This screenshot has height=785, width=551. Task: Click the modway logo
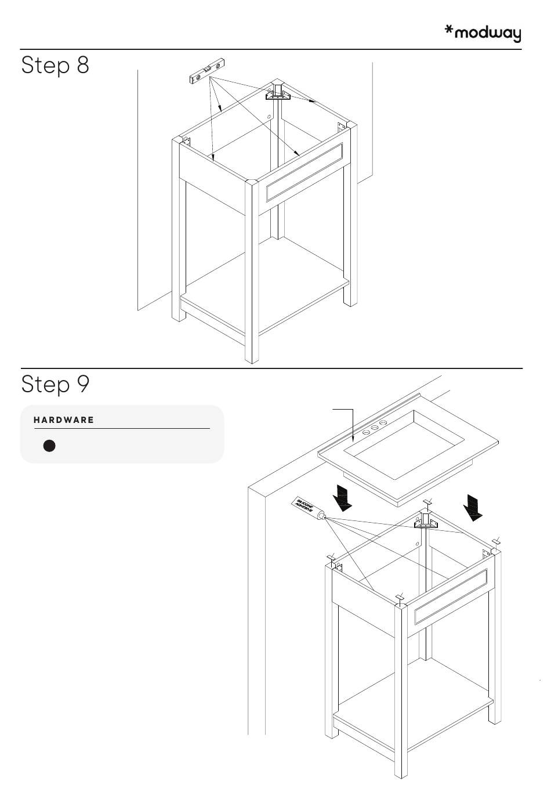point(483,33)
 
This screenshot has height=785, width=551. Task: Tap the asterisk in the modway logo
point(449,30)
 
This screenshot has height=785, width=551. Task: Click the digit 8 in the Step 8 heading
point(82,65)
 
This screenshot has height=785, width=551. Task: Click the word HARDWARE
point(64,420)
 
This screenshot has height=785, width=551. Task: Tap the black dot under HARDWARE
point(49,446)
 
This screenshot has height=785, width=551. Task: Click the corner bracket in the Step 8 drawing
point(278,93)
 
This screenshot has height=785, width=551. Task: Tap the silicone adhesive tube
point(307,506)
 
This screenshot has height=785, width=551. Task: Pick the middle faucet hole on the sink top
point(374,427)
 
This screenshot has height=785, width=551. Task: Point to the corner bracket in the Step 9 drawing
point(427,521)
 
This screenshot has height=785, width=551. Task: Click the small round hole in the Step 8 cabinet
point(270,117)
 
